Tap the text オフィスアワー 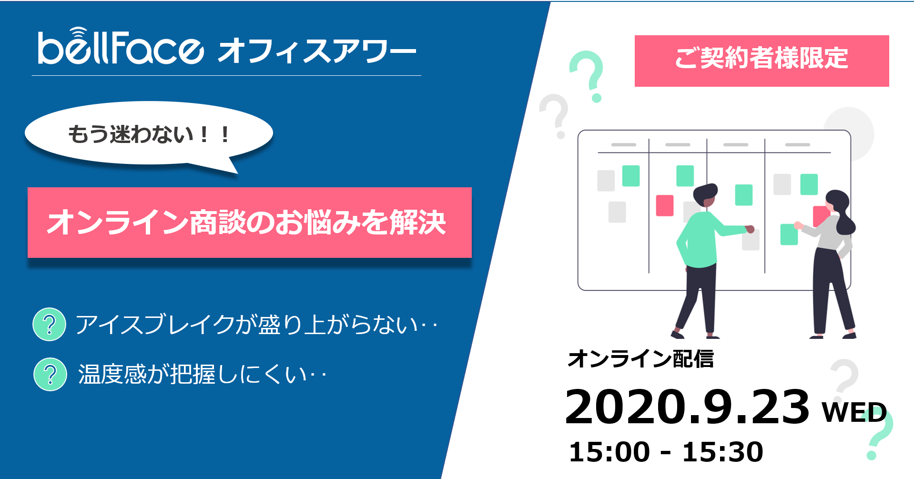tap(317, 51)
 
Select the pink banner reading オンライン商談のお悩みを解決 tap(250, 223)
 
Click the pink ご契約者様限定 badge tap(762, 61)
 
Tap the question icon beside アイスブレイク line tap(49, 324)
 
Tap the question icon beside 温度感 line tap(50, 374)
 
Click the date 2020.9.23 tap(687, 407)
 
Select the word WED tap(854, 412)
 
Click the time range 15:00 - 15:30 tap(666, 452)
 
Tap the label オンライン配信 tap(641, 359)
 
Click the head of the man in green tap(706, 195)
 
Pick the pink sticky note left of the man tap(665, 205)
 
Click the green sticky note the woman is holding tap(789, 234)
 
